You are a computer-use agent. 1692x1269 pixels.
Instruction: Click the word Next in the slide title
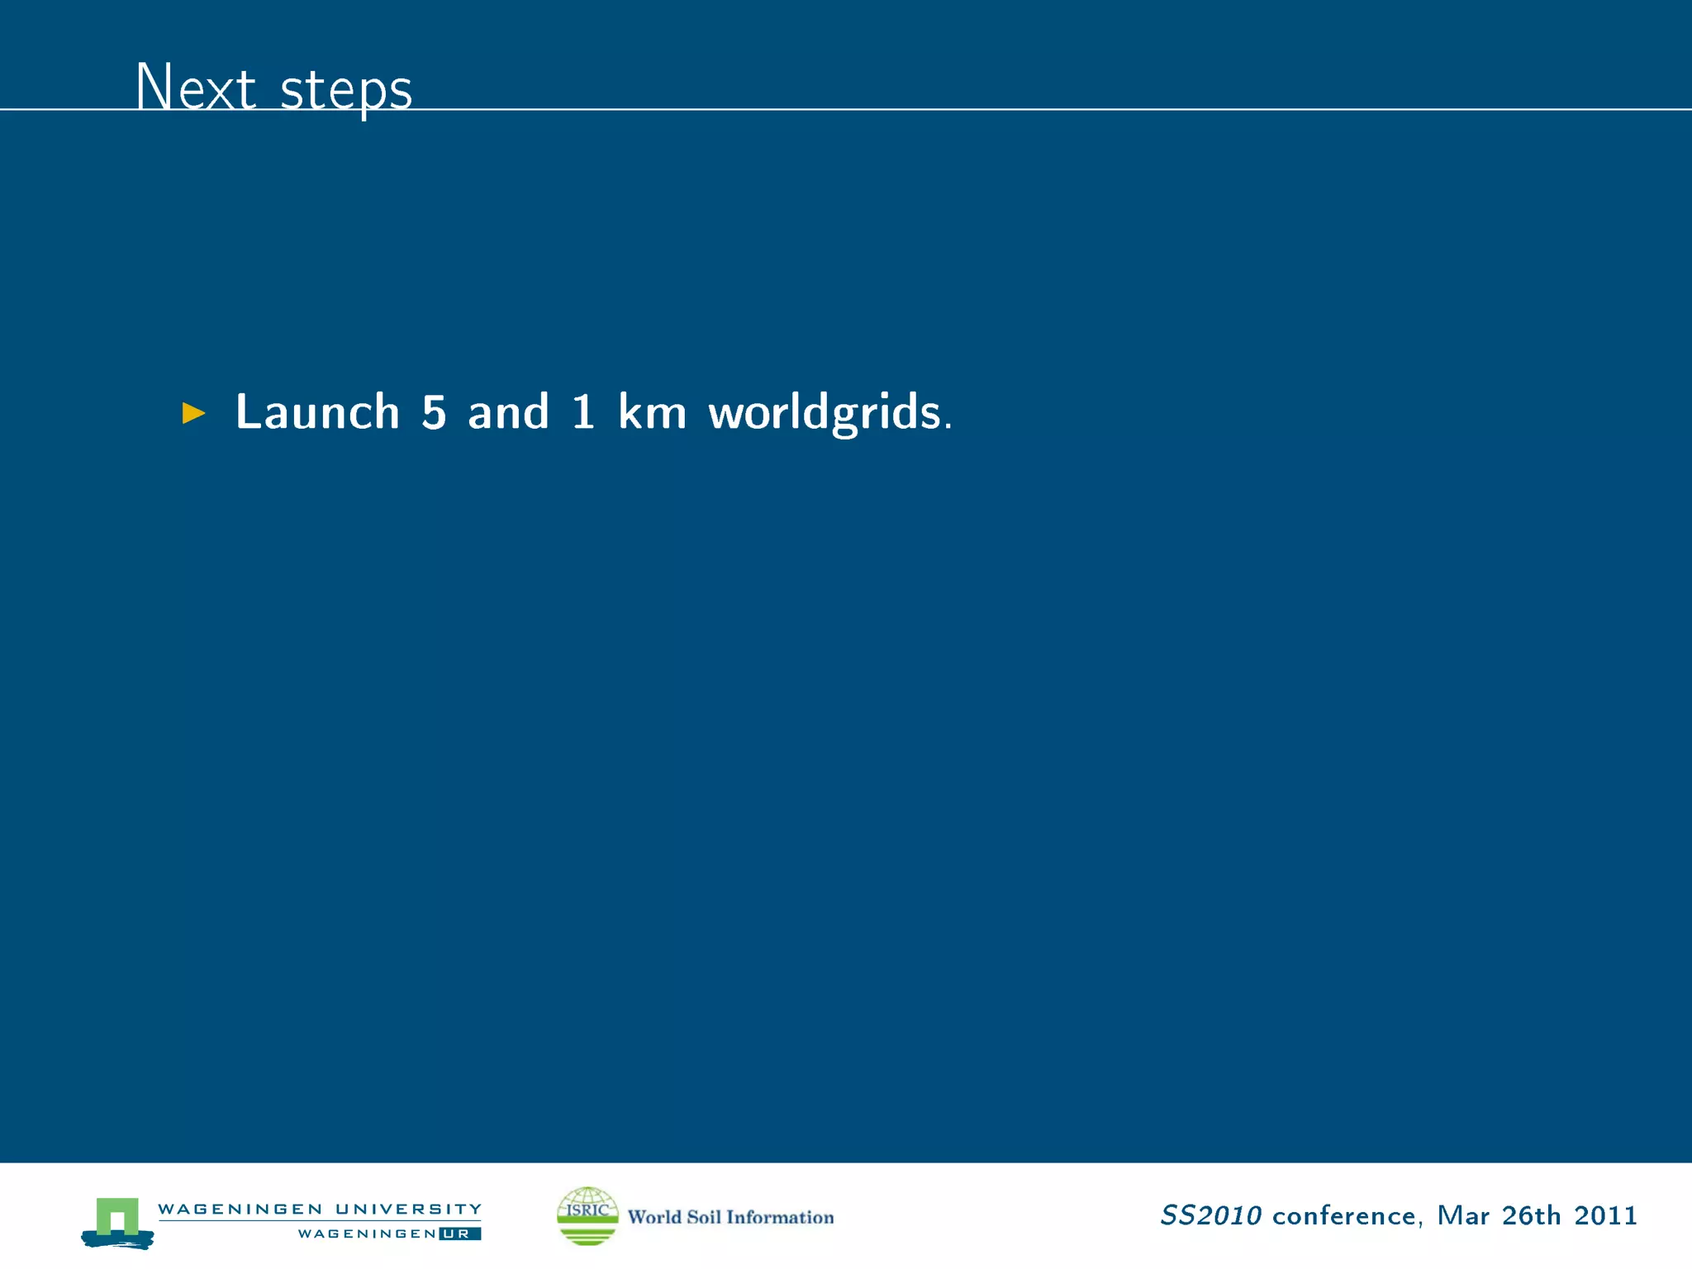point(196,87)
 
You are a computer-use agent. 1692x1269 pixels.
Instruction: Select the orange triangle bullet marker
point(193,412)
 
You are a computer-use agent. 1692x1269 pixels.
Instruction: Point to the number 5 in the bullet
point(434,411)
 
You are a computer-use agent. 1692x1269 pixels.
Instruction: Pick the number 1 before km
point(583,411)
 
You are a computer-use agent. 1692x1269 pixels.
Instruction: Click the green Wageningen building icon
point(117,1220)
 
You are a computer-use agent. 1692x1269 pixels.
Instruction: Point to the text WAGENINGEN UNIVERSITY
point(320,1209)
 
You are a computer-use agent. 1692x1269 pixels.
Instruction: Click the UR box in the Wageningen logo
point(459,1233)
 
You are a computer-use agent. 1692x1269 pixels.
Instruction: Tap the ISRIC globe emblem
point(587,1215)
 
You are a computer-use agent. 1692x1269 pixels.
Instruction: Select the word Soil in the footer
point(704,1217)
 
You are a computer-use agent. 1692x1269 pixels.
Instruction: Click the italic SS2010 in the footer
point(1210,1215)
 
